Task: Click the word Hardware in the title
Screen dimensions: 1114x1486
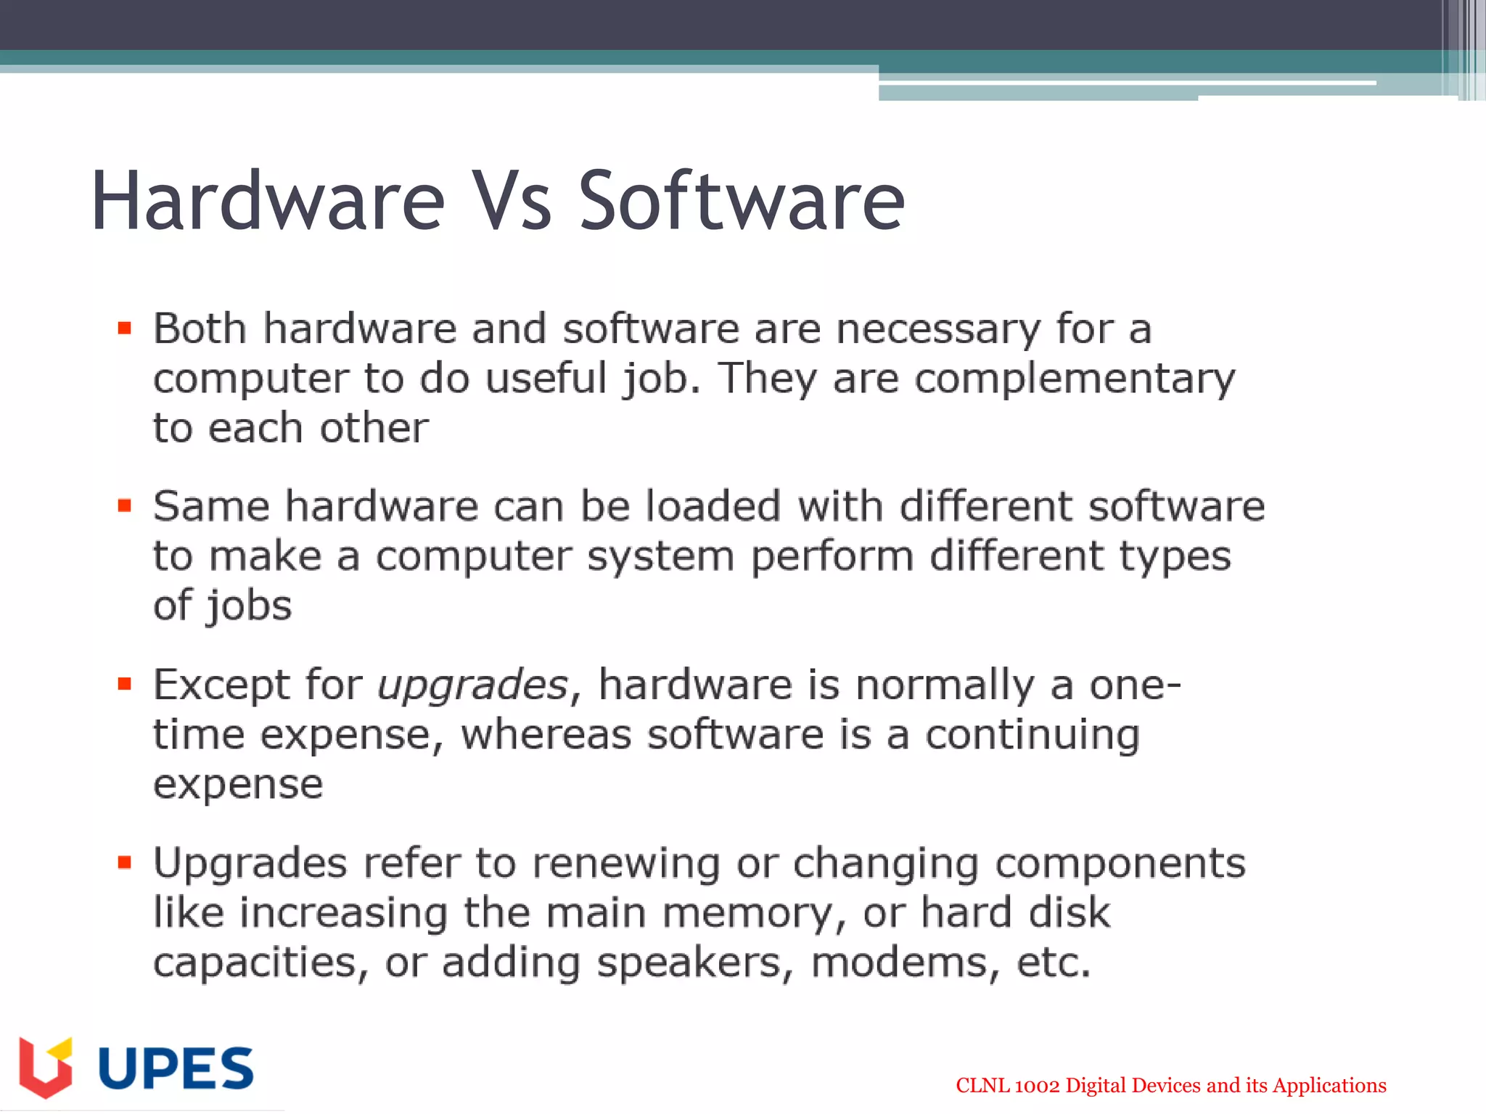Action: (x=267, y=201)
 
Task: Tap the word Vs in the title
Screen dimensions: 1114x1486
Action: (x=512, y=201)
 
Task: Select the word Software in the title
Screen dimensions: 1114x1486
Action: (x=741, y=201)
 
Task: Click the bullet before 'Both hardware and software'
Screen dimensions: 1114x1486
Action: (x=125, y=329)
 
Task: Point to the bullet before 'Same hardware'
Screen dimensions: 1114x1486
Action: (x=125, y=506)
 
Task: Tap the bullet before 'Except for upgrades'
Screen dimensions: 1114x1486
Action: (x=125, y=684)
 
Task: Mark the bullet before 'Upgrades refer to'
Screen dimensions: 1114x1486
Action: (x=125, y=862)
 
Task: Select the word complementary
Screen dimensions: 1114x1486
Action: (x=1074, y=380)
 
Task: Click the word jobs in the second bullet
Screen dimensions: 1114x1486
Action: (x=248, y=606)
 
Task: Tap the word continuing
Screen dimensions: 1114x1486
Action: (x=1032, y=735)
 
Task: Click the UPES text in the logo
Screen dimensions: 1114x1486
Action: (x=176, y=1068)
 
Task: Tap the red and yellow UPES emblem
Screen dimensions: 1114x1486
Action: (x=46, y=1067)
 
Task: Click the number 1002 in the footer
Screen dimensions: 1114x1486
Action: (x=1037, y=1086)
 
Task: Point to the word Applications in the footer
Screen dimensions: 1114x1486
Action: (x=1329, y=1086)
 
